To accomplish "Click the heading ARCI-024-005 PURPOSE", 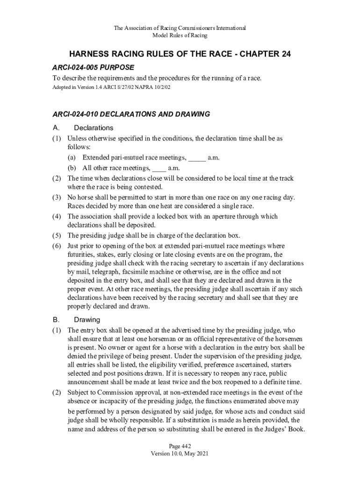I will (93, 67).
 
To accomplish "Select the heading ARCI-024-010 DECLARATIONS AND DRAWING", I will (131, 114).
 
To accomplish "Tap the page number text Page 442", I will (180, 446).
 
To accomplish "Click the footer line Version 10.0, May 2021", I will (180, 454).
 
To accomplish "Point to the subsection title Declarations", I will (94, 128).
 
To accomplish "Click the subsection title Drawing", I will (87, 319).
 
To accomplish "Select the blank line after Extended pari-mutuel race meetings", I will (197, 158).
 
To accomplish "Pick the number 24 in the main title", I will (283, 54).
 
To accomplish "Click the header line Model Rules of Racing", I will (180, 36).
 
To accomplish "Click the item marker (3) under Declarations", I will (57, 197).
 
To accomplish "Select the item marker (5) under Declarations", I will (57, 235).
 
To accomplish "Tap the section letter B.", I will (56, 319).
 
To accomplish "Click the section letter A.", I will (56, 128).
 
